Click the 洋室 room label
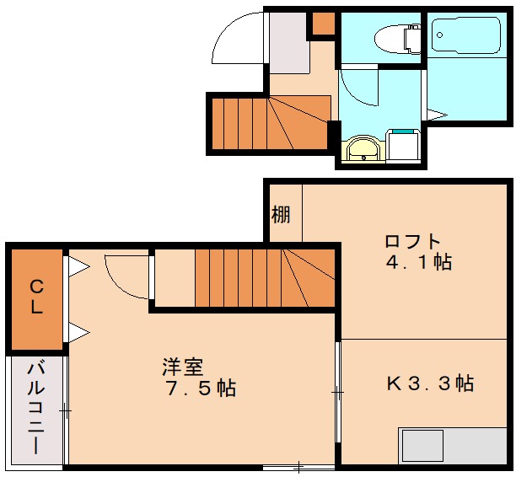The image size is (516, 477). (183, 367)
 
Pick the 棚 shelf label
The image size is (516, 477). (281, 214)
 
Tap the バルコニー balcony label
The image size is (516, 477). (36, 408)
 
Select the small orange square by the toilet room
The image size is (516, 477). (322, 24)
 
